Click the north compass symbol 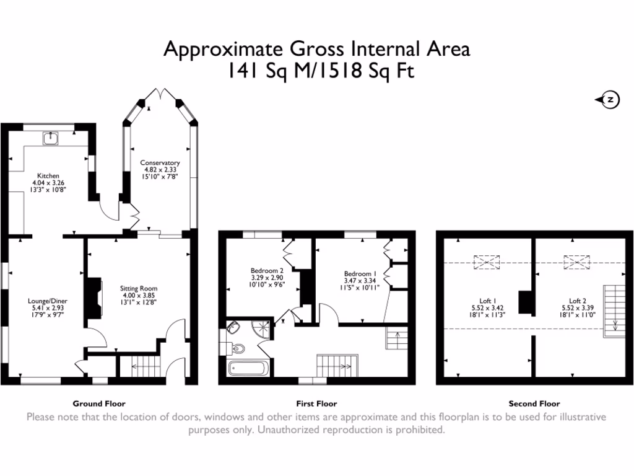[x=609, y=100]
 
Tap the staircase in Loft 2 [x=614, y=310]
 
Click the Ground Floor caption [x=99, y=403]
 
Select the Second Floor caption [x=534, y=403]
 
